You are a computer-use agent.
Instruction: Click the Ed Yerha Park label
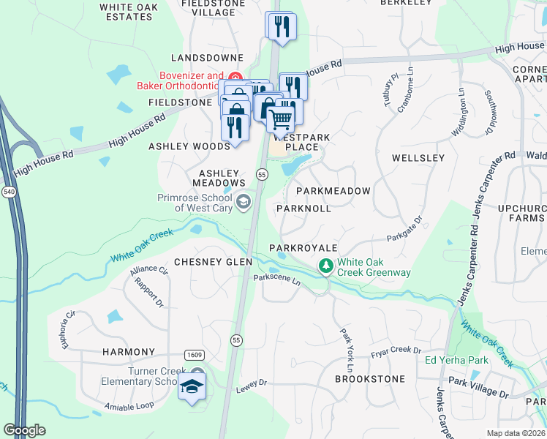(x=457, y=361)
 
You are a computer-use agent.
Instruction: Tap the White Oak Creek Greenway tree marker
(x=325, y=267)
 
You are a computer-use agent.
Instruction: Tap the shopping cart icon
(x=281, y=118)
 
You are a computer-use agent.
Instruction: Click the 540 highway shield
(x=8, y=192)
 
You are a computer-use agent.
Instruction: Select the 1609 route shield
(x=195, y=354)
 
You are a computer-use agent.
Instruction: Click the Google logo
(x=24, y=430)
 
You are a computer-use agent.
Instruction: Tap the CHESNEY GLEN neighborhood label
(x=213, y=262)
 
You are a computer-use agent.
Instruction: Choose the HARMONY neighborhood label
(x=129, y=352)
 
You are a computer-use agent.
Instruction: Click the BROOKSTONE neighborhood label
(x=369, y=379)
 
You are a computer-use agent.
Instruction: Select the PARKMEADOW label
(x=333, y=191)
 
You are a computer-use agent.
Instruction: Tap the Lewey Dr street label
(x=253, y=383)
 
